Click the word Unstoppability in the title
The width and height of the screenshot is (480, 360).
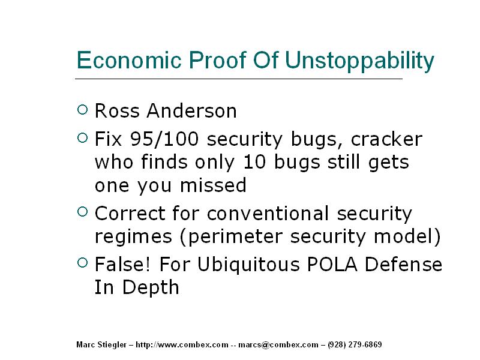(359, 61)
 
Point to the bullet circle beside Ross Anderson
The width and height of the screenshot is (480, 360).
(83, 110)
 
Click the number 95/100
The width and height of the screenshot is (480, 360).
(164, 139)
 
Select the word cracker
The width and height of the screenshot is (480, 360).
(386, 139)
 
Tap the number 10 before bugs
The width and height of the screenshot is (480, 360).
(254, 162)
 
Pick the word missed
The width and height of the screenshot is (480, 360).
(213, 185)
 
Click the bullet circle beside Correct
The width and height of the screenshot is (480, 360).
(83, 212)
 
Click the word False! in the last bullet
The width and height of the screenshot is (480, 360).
(123, 264)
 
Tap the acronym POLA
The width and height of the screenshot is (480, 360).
(332, 264)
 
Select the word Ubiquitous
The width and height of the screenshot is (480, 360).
(248, 264)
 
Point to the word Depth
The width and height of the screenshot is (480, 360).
(151, 287)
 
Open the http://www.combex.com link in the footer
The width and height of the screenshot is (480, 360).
(182, 344)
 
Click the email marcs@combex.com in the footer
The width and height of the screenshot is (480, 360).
(278, 344)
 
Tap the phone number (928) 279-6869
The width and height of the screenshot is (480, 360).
(355, 344)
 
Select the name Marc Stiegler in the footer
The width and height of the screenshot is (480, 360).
(101, 344)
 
